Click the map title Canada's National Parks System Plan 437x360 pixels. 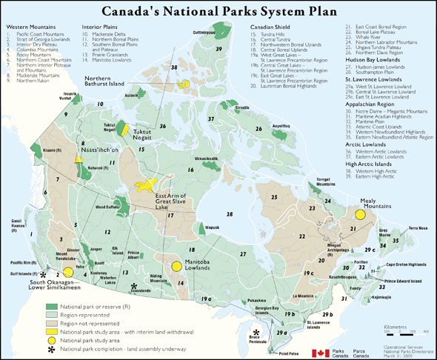218,11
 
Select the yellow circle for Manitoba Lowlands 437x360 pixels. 176,265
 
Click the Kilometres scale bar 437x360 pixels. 396,333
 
